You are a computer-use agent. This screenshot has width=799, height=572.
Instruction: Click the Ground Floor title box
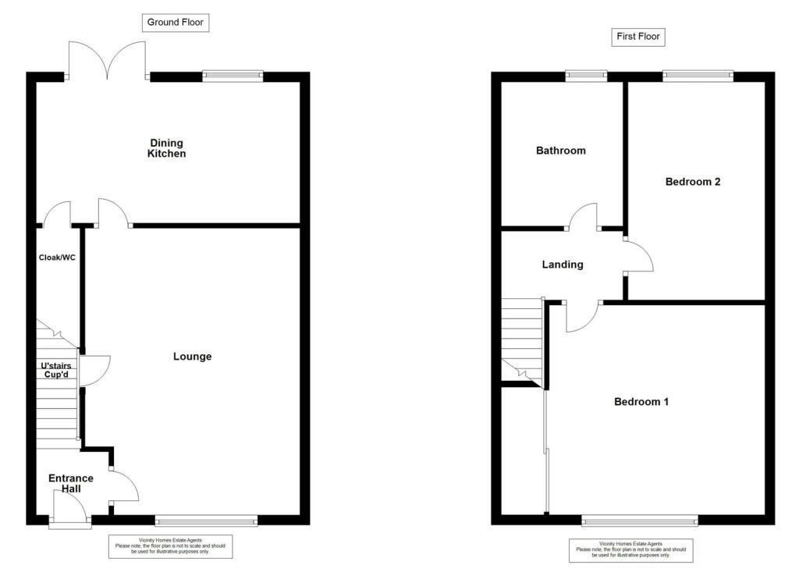coord(176,23)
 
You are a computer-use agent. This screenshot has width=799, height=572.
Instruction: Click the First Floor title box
coord(638,37)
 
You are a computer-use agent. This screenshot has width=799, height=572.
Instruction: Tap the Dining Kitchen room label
coord(166,148)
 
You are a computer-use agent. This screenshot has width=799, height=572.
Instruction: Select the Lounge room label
coord(192,357)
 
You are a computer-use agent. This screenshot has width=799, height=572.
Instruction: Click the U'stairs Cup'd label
coord(58,369)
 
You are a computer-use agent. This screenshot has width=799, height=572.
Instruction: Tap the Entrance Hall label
coord(71,484)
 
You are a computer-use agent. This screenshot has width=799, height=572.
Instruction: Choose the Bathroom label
coord(560,151)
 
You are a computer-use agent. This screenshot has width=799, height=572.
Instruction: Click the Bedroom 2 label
coord(692,182)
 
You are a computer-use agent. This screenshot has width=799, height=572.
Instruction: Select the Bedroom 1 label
coord(641,402)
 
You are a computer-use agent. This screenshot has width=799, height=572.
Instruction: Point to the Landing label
coord(563,265)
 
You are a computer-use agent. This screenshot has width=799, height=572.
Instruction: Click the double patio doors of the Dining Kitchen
coord(108,59)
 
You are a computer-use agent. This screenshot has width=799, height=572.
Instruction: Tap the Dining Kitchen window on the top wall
coord(232,76)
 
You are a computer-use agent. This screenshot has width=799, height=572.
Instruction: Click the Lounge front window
coord(206,520)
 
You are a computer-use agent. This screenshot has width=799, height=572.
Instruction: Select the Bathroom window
coord(586,75)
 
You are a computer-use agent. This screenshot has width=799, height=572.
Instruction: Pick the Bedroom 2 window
coord(698,75)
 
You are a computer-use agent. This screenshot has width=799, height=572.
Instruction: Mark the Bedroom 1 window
coord(639,520)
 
